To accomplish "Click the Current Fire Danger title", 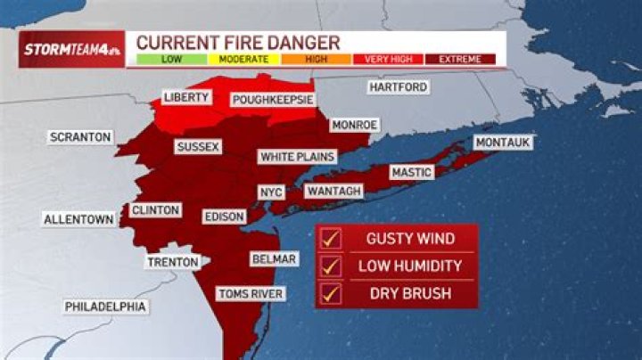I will [238, 42].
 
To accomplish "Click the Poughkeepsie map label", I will [272, 100].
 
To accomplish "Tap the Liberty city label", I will [185, 96].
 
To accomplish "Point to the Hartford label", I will [399, 87].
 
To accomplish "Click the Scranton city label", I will [80, 137].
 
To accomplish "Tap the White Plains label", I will [297, 157].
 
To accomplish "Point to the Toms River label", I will [250, 293].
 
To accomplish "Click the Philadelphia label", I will [105, 307].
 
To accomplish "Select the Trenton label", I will [173, 262].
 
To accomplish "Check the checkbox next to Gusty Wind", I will [331, 239].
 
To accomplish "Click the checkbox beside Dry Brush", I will [331, 292].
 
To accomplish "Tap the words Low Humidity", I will [409, 266].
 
